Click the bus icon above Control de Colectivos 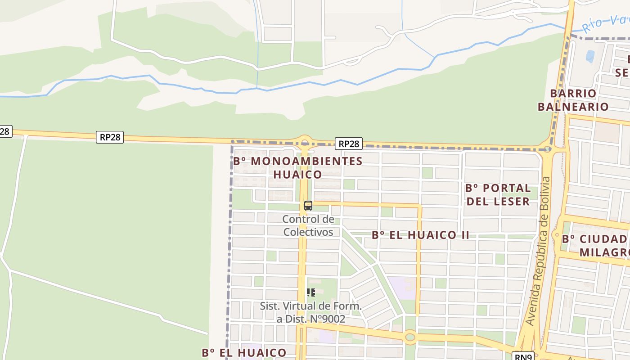click(308, 206)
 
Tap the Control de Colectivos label click(308, 225)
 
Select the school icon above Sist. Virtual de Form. click(310, 292)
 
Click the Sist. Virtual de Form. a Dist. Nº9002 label click(310, 312)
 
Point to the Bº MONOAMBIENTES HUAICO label click(298, 167)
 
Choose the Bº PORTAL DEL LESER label click(498, 194)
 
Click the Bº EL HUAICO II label click(420, 235)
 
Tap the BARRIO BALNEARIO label click(573, 100)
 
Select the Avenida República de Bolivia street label click(539, 251)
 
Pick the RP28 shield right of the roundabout click(348, 144)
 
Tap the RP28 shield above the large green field click(110, 137)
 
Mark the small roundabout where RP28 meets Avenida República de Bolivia click(547, 149)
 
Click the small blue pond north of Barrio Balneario click(590, 56)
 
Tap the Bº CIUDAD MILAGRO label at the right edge click(597, 245)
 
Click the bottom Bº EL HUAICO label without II click(244, 352)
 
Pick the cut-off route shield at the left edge click(4, 131)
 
